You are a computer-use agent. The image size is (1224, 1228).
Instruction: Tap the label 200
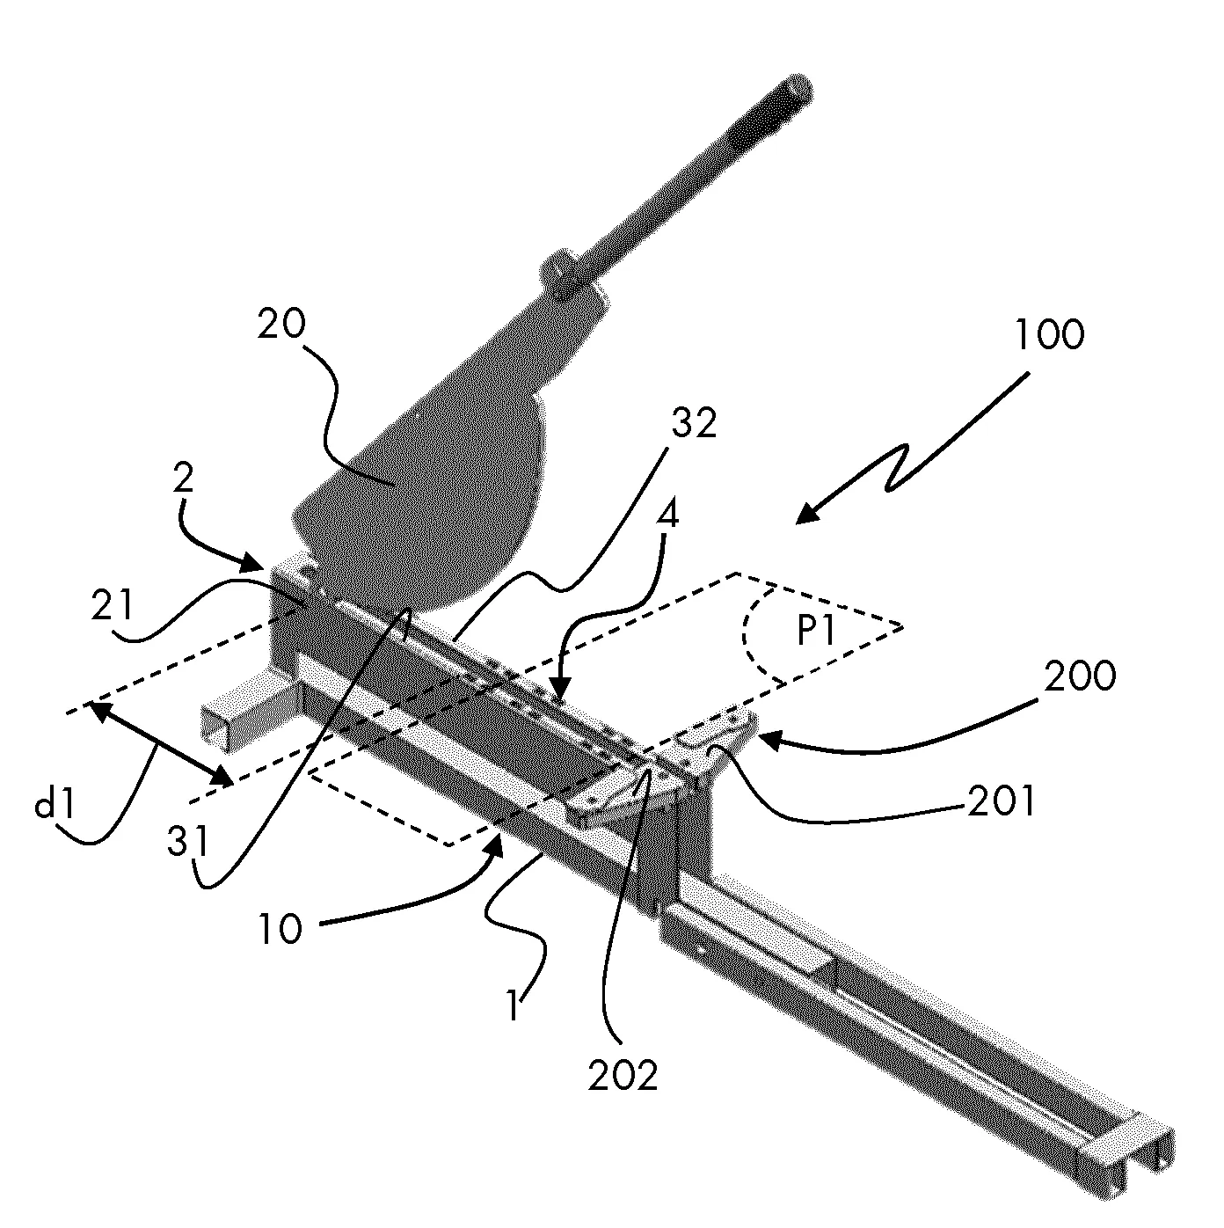1080,676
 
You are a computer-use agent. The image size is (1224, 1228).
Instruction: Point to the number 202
622,1075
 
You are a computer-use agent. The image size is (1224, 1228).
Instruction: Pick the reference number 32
694,425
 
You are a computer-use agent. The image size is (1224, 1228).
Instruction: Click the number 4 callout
668,516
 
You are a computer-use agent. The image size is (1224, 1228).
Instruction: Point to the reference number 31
187,842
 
